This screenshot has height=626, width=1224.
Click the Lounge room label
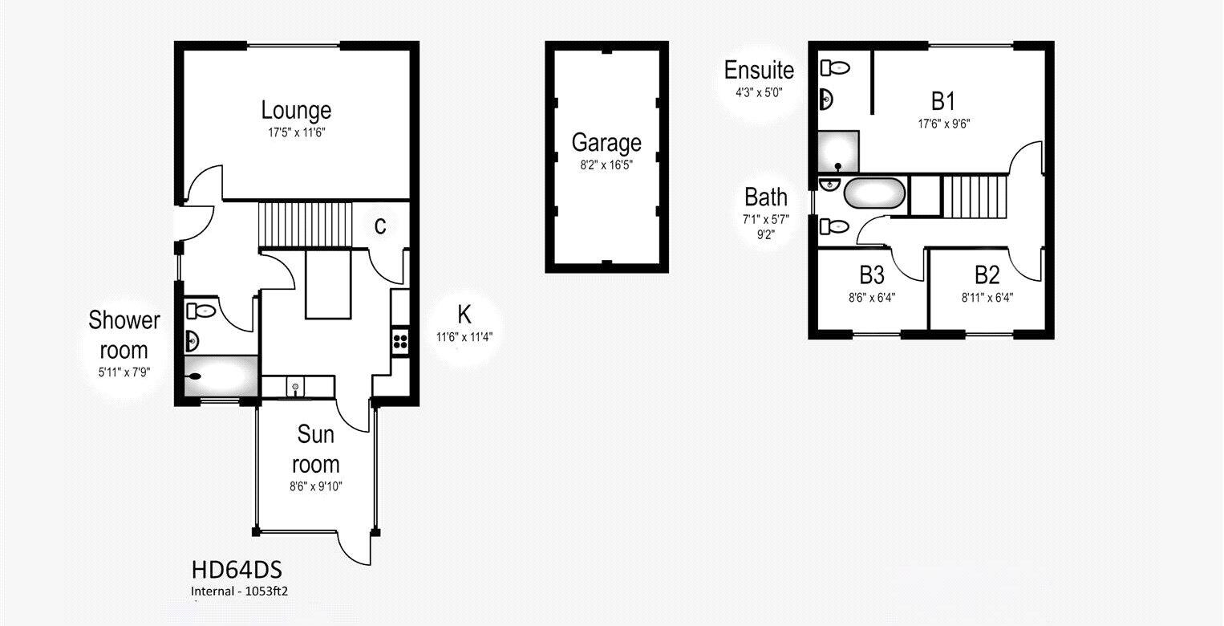click(296, 110)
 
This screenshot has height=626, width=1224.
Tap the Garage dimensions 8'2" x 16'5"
click(606, 165)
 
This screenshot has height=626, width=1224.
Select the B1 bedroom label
click(943, 101)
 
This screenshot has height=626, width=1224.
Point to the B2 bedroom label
click(987, 275)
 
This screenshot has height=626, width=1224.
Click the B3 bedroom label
click(872, 275)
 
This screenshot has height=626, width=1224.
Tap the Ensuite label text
click(759, 70)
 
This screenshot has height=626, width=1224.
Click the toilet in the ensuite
click(835, 67)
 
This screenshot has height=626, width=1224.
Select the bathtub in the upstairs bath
click(874, 193)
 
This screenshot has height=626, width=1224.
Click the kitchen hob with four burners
click(400, 342)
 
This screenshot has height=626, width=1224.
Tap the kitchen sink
click(295, 387)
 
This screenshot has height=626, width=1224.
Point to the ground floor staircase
click(305, 225)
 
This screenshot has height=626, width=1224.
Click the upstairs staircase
click(975, 197)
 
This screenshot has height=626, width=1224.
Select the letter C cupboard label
click(380, 226)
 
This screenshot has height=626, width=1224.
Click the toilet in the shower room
click(201, 311)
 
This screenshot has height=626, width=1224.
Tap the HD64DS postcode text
click(237, 571)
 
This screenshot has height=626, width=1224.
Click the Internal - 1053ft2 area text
click(239, 591)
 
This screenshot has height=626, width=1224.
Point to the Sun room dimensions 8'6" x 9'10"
click(316, 486)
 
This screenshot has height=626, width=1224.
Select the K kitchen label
click(464, 315)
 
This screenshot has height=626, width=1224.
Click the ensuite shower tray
click(838, 152)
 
